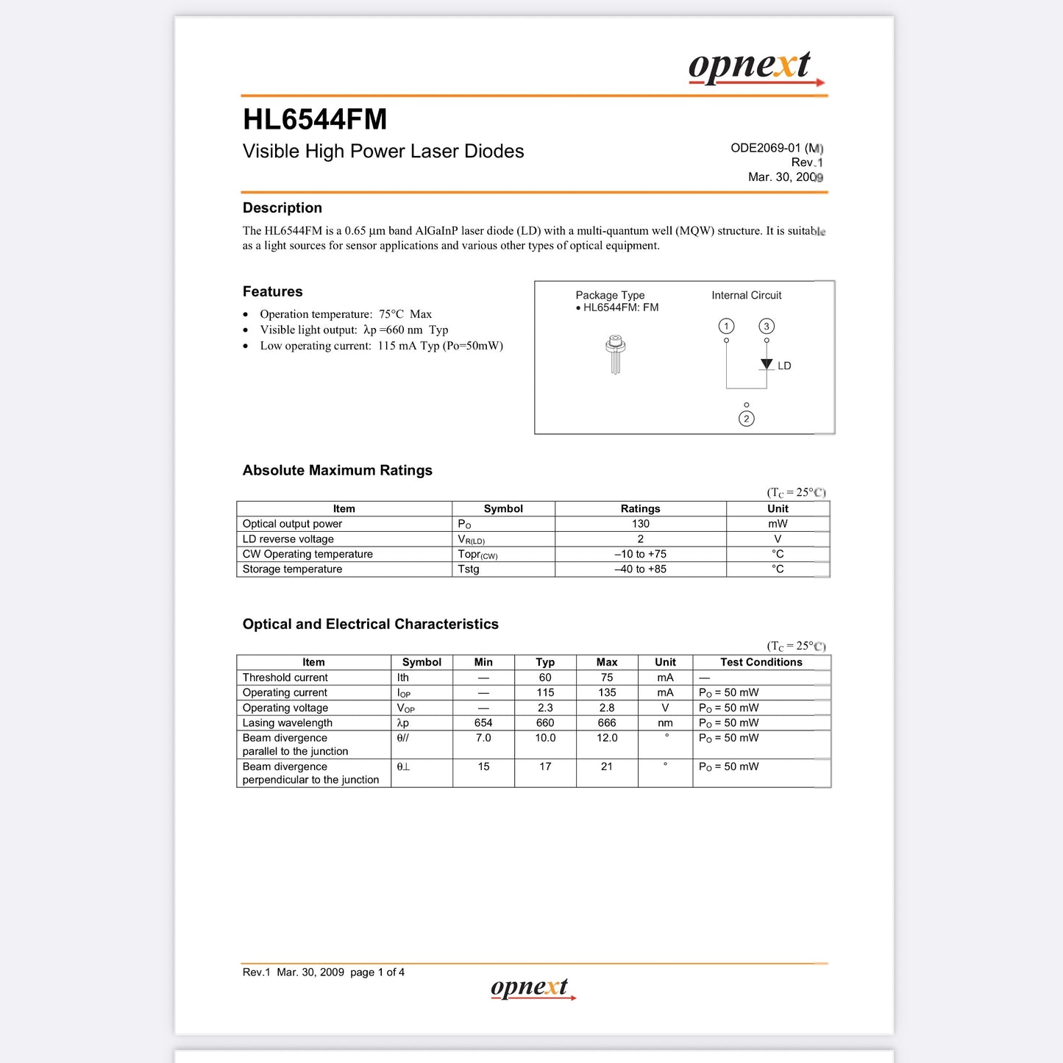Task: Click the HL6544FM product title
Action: (315, 119)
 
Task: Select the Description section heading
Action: (282, 208)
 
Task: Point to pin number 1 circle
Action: (726, 326)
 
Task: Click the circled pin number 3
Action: (767, 326)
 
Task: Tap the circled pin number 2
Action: (746, 419)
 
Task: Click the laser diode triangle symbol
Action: (767, 364)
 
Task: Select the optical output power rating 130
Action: (640, 524)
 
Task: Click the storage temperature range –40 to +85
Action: (640, 569)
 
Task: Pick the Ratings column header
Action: (640, 508)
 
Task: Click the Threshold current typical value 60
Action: (545, 678)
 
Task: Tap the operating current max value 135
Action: (607, 693)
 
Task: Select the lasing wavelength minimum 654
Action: (483, 723)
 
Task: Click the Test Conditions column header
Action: (761, 662)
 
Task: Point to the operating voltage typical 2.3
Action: (545, 708)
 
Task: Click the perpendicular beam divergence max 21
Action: (607, 767)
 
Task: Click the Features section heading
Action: (273, 292)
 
